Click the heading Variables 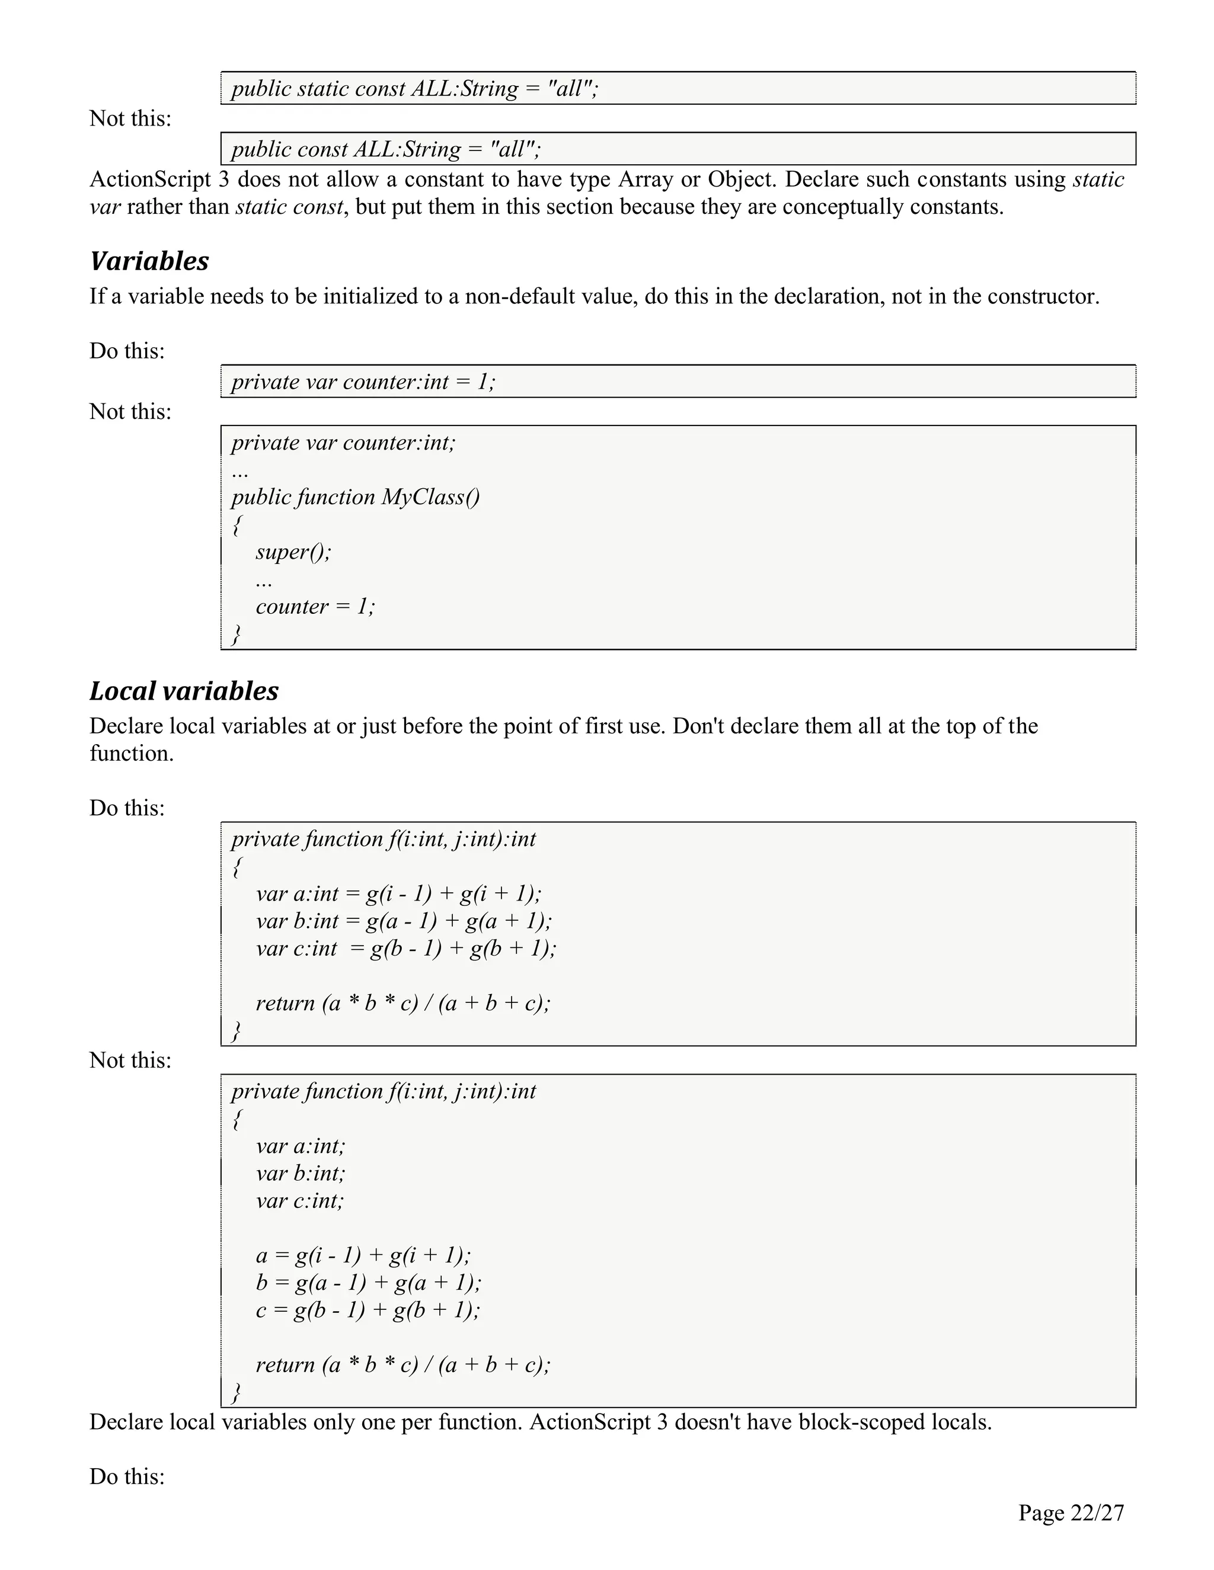(x=149, y=261)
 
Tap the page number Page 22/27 (x=1070, y=1513)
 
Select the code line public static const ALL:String (x=414, y=88)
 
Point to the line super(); (x=293, y=552)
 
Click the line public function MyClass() (x=355, y=496)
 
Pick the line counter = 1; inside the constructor (x=315, y=606)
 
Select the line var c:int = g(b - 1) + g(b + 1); (x=405, y=948)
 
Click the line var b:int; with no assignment (x=300, y=1172)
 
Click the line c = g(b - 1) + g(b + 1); (x=368, y=1309)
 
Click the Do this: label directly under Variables (x=127, y=351)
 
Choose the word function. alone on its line (x=131, y=754)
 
